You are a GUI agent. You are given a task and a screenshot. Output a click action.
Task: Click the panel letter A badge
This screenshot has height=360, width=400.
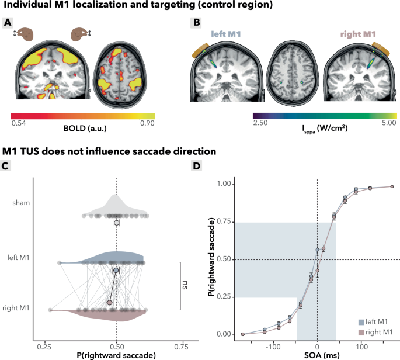(8, 23)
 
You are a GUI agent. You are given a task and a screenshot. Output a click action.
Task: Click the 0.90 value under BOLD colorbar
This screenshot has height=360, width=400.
(147, 123)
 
